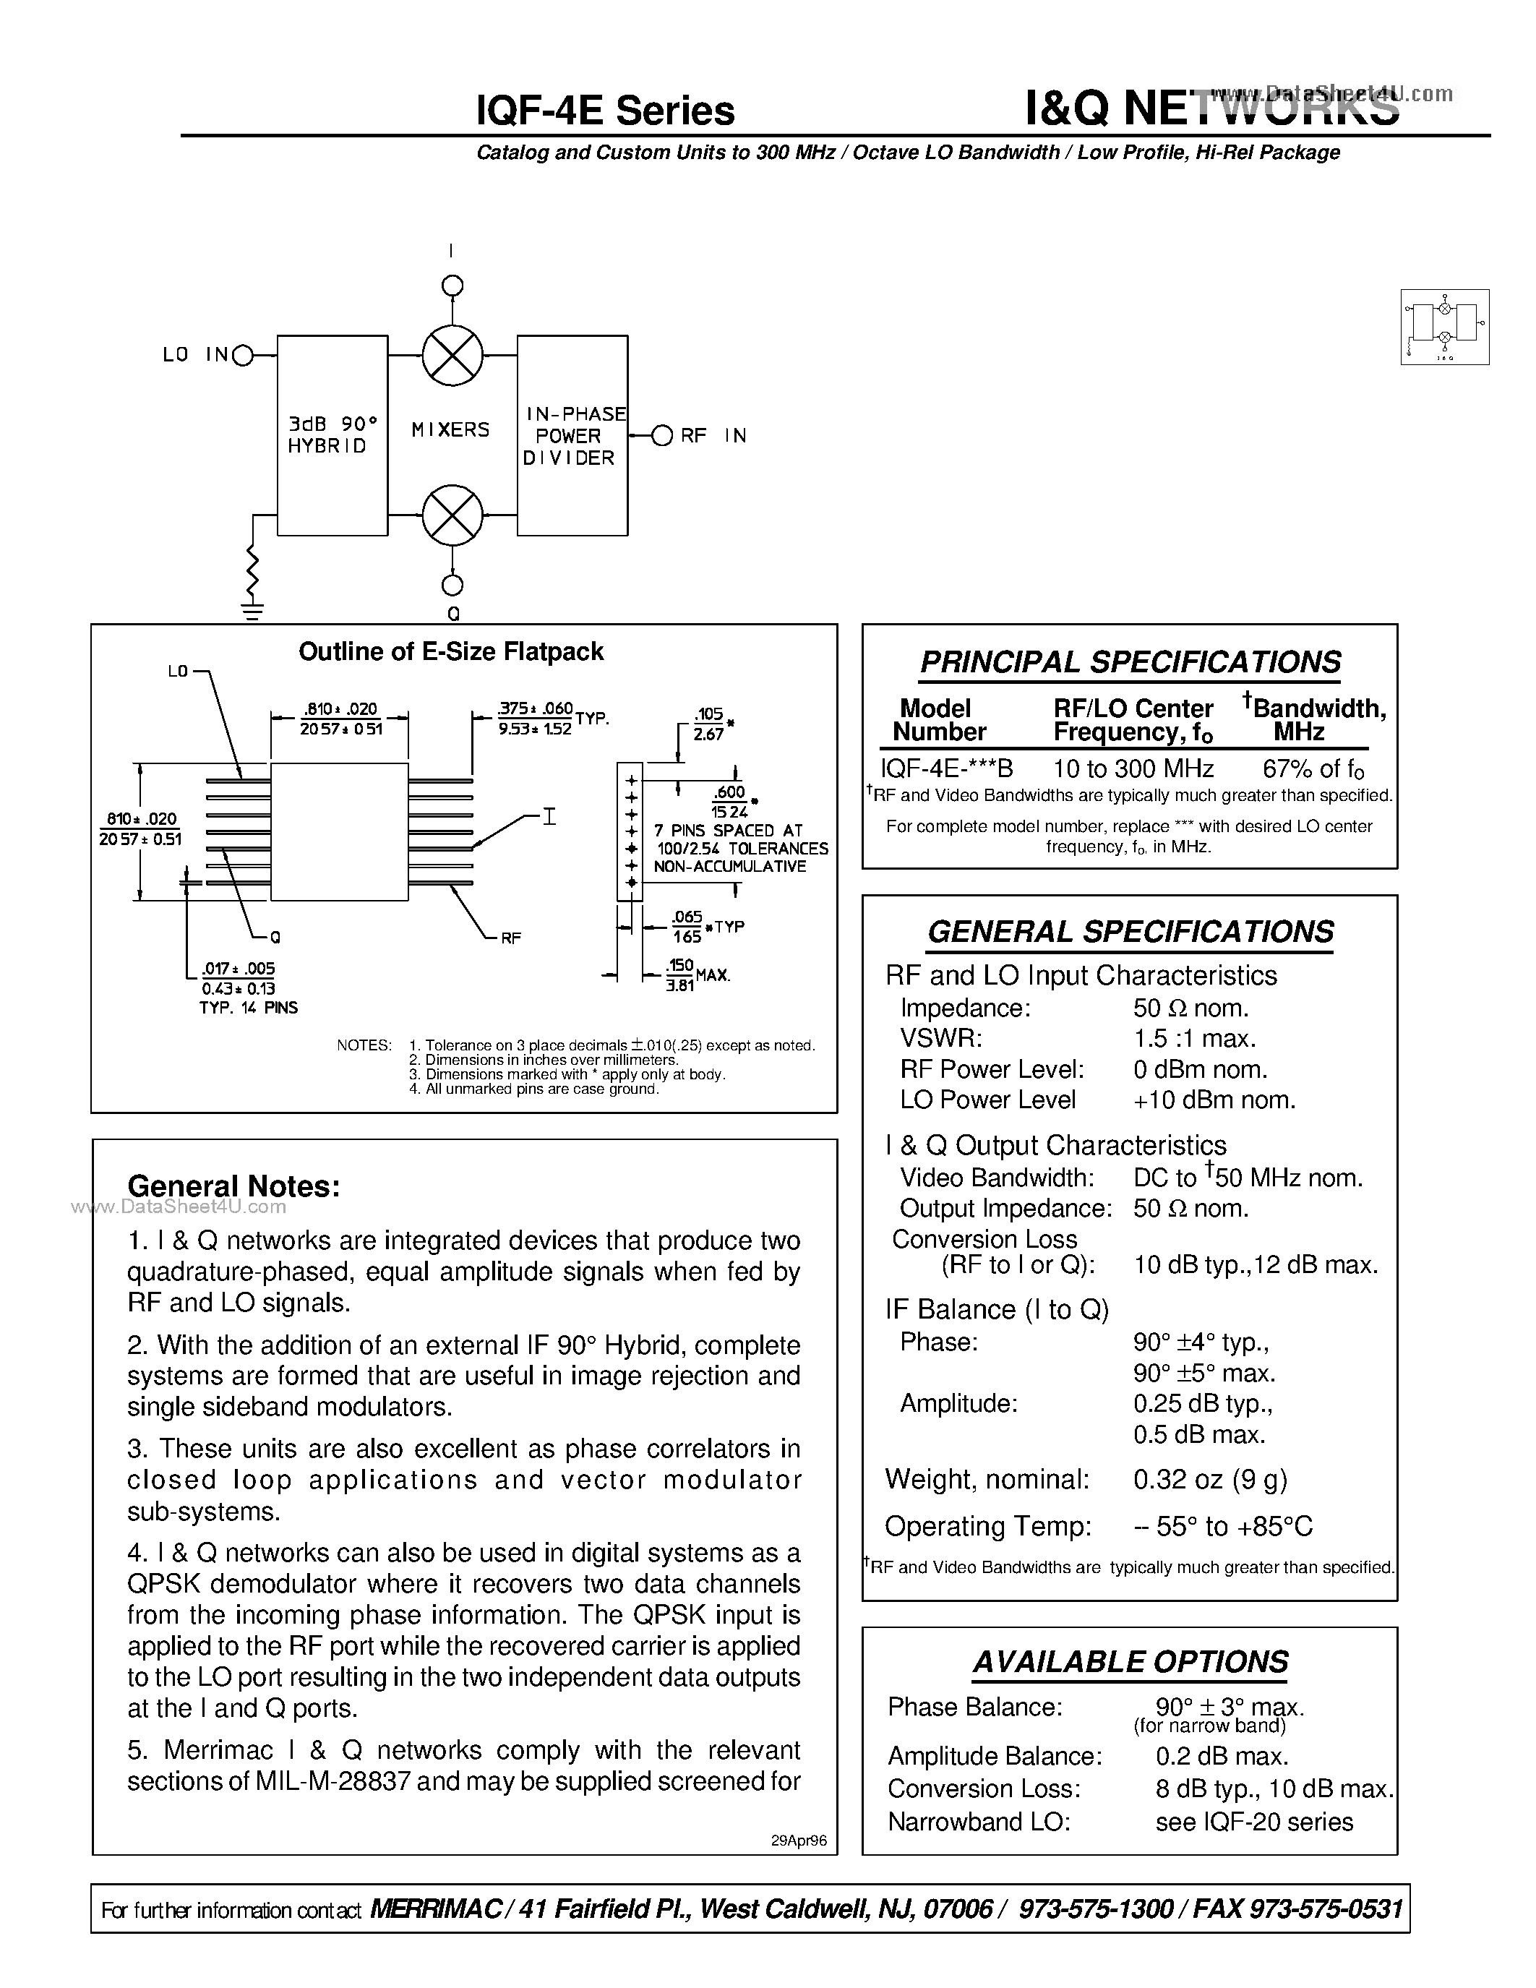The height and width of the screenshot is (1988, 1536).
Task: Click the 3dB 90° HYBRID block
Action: [x=332, y=435]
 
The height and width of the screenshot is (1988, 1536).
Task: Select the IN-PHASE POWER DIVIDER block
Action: [x=572, y=435]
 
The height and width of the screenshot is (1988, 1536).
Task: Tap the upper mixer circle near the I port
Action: [x=452, y=355]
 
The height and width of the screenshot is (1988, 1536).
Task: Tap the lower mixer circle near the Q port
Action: [x=452, y=515]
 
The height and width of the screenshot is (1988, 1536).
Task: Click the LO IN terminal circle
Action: [x=243, y=356]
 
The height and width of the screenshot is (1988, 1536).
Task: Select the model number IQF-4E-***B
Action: [x=946, y=768]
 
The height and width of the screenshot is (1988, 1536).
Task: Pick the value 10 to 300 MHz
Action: [x=1133, y=768]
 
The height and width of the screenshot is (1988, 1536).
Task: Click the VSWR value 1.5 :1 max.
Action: [x=1195, y=1039]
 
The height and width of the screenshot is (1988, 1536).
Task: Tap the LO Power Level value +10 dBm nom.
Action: [x=1214, y=1100]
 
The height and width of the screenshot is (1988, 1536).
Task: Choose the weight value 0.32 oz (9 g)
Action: [x=1210, y=1479]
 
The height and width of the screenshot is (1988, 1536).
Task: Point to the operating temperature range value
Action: [x=1223, y=1527]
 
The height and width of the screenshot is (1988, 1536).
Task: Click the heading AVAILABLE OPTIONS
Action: [x=1130, y=1662]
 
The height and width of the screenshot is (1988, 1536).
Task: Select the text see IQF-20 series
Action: [x=1254, y=1822]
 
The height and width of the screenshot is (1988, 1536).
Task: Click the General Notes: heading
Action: [x=234, y=1186]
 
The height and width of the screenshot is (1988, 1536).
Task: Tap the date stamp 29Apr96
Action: [x=798, y=1841]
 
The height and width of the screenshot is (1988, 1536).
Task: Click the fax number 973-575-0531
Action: [x=1326, y=1908]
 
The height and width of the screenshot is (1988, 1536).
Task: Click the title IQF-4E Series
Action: [x=605, y=111]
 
